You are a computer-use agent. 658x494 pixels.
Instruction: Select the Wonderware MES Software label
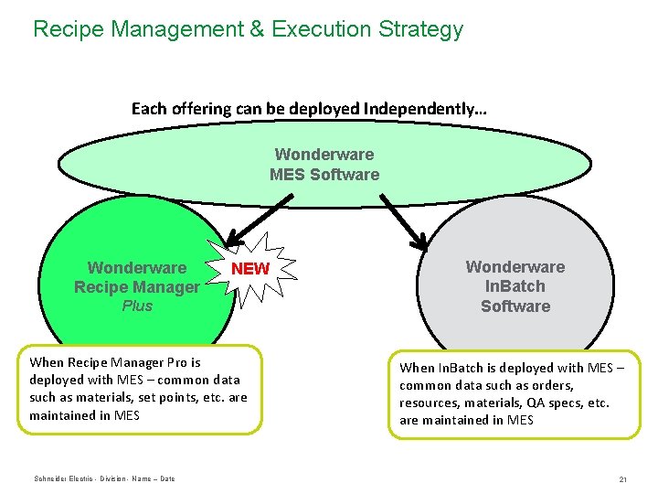point(324,165)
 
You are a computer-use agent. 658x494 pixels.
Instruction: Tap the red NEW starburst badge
point(250,269)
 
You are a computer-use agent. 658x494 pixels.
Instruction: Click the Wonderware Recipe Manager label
point(137,277)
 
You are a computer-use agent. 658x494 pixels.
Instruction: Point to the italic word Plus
point(137,306)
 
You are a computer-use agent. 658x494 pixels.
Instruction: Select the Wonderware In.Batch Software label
point(515,286)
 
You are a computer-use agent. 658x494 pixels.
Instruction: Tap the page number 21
point(622,479)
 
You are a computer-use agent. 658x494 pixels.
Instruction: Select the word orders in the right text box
point(552,385)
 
